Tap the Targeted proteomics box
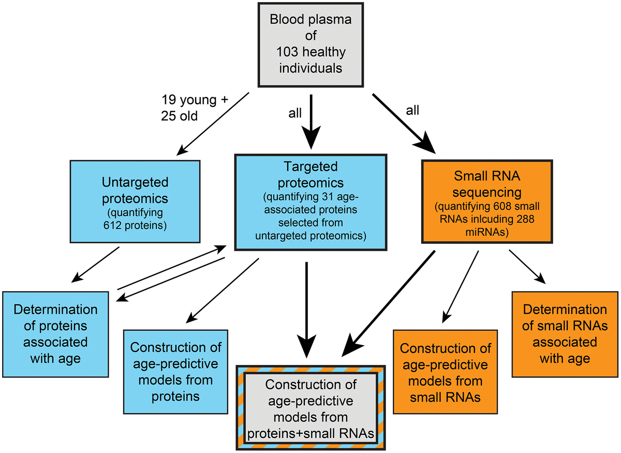(310, 202)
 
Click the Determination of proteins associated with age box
(55, 334)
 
